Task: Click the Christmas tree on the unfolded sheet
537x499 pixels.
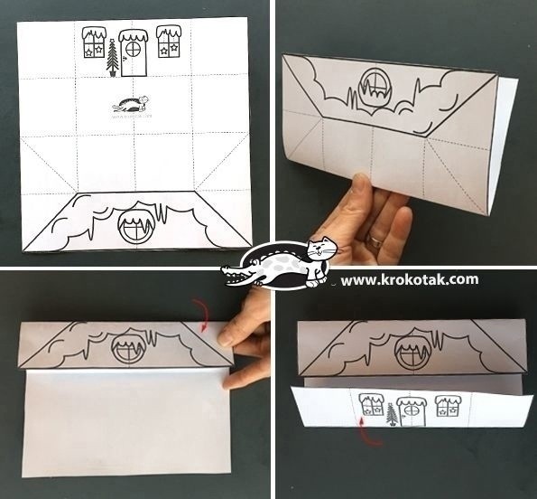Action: coord(113,58)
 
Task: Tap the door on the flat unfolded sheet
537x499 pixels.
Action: coord(133,52)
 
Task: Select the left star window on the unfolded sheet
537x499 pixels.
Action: coord(94,42)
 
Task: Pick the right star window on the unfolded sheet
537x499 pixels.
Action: coord(169,42)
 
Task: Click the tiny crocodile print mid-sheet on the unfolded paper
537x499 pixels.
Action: coord(132,104)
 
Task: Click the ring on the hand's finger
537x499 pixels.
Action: coord(376,243)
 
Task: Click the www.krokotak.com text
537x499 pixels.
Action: coord(410,279)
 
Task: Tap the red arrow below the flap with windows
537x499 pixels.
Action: coord(368,429)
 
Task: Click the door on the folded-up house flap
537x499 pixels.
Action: coord(411,412)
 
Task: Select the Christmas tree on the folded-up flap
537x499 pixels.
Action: coord(391,415)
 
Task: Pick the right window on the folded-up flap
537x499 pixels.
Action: coord(448,406)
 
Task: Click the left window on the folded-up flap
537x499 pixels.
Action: coord(371,404)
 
